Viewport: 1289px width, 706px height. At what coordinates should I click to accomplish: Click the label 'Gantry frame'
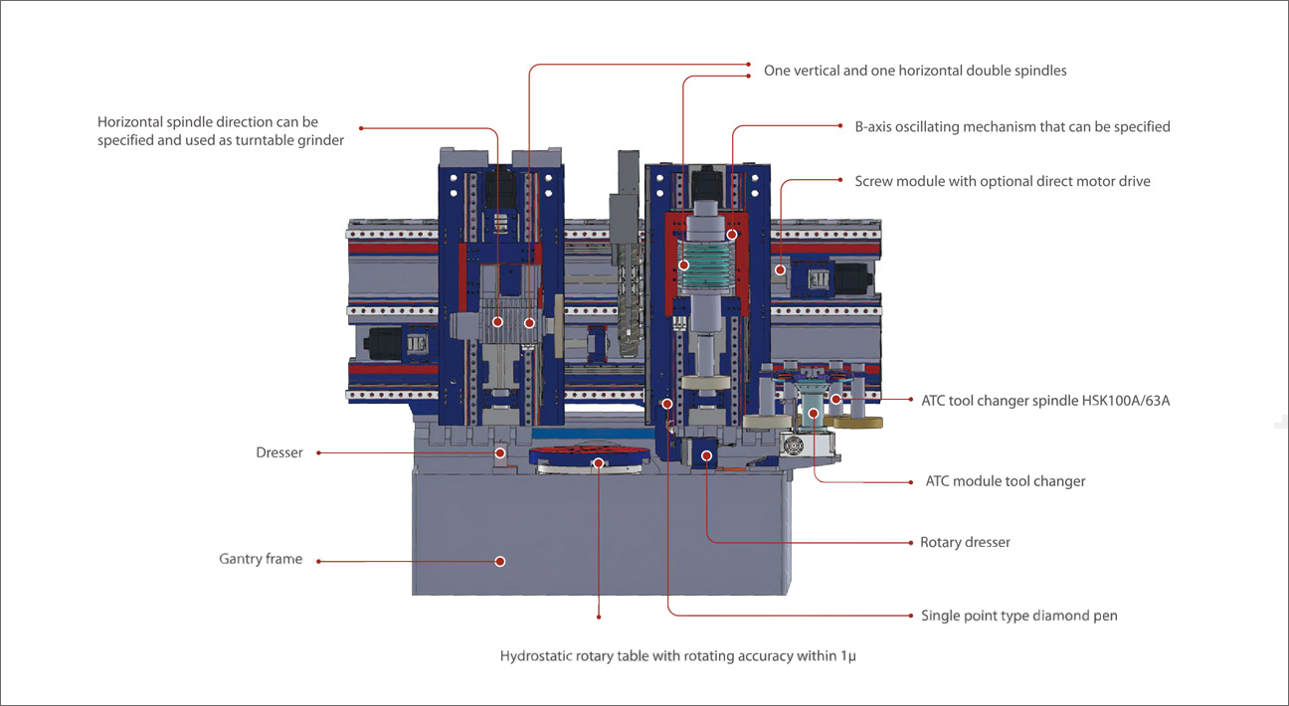click(260, 560)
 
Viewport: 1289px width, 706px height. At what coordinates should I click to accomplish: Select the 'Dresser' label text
click(278, 453)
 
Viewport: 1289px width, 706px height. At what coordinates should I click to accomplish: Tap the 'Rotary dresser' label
click(965, 543)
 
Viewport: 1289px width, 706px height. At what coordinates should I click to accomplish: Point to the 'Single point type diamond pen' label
click(1018, 616)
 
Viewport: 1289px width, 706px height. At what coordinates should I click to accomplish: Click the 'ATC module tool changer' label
click(1005, 481)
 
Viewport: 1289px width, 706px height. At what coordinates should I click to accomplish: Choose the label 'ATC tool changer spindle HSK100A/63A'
click(1037, 400)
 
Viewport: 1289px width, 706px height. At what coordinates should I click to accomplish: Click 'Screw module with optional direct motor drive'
click(1002, 182)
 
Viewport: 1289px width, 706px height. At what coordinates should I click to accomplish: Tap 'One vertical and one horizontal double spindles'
click(914, 72)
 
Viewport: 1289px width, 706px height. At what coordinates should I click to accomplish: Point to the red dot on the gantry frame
click(500, 561)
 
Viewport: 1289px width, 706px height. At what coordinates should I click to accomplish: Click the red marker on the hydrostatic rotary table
click(598, 462)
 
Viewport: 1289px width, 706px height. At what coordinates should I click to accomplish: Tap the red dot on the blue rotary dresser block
click(706, 455)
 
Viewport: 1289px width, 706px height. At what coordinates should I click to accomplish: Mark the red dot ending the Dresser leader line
click(501, 453)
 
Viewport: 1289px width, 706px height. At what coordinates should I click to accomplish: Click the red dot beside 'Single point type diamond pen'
click(911, 616)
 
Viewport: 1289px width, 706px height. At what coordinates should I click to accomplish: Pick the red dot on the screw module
click(781, 268)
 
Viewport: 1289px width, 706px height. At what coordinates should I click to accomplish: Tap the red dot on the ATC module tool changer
click(814, 413)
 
